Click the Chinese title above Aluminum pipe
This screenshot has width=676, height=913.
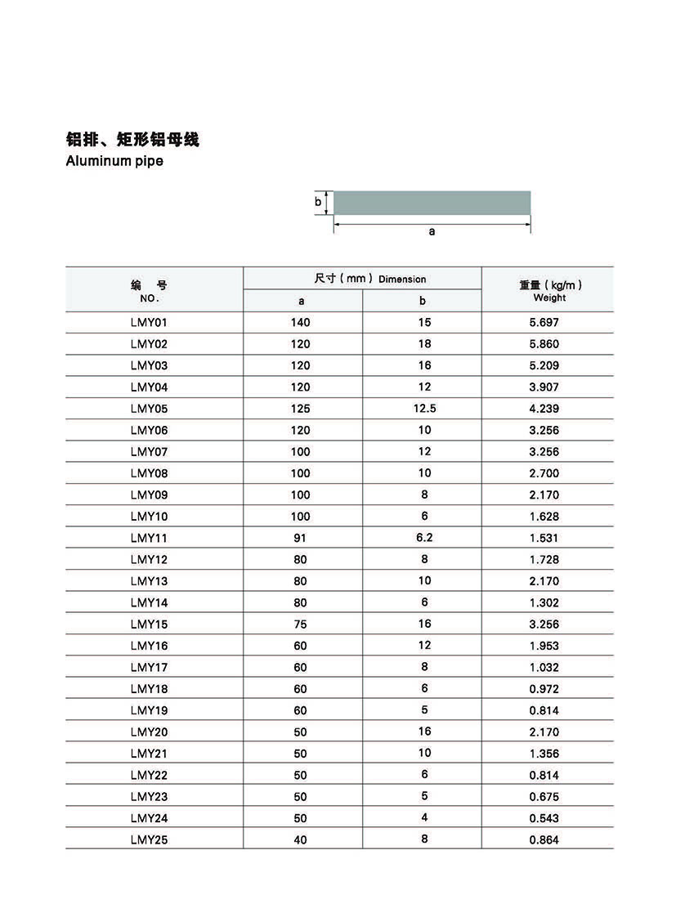[x=132, y=140]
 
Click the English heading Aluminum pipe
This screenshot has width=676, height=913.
[x=114, y=161]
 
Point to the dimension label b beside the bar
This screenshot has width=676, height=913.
[x=318, y=202]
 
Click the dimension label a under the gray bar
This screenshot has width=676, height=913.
[x=432, y=231]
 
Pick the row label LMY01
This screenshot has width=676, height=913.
[x=148, y=323]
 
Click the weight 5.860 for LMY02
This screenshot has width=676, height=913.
[x=544, y=344]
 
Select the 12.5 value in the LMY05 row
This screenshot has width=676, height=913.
[x=424, y=409]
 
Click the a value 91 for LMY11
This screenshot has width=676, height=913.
[x=300, y=538]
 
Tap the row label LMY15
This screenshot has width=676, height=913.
[x=148, y=624]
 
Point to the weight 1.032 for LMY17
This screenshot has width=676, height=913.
[x=544, y=667]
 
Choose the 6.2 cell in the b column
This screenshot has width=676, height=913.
[x=424, y=538]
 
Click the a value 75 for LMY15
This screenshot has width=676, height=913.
[x=300, y=624]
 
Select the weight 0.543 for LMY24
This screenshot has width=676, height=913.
[x=544, y=818]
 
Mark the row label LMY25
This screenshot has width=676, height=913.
[x=148, y=839]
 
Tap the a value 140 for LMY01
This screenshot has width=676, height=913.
[x=300, y=323]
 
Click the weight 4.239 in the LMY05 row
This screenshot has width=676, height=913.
[x=544, y=409]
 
